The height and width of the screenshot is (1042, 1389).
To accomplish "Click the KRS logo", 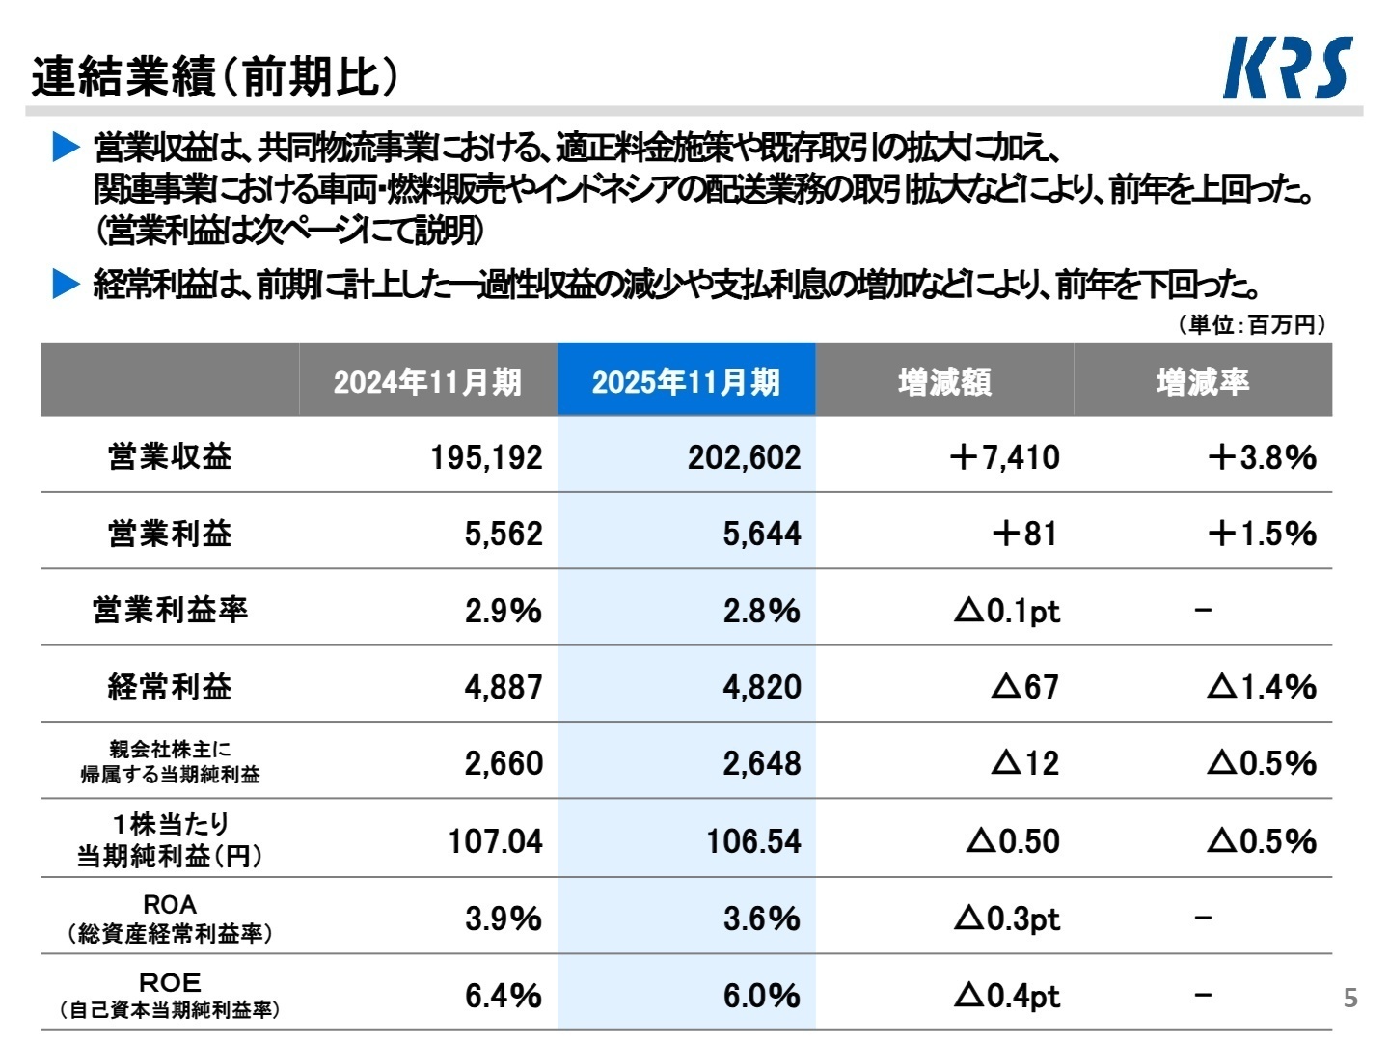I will coord(1288,68).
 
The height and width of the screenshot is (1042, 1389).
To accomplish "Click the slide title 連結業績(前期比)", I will coord(214,77).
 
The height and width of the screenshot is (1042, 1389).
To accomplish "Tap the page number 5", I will coord(1350,998).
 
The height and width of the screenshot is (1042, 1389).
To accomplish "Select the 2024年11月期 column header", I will coord(427,382).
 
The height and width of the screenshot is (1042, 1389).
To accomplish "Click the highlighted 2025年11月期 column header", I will coord(686,382).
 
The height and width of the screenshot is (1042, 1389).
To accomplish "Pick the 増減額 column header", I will coord(944,382).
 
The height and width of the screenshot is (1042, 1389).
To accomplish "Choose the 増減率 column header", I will coord(1203,382).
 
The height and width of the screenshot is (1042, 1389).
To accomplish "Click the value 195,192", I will coord(486,457).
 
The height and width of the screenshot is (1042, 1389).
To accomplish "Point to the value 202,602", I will coord(744,457).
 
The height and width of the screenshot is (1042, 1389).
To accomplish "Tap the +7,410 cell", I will coord(1004,457).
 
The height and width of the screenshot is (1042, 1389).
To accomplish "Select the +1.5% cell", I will coord(1262,534).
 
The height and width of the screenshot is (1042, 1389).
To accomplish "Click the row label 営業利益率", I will coord(171,610).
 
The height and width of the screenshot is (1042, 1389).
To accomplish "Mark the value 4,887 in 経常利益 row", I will coord(504,687).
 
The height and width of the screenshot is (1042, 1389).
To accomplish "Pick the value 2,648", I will coord(761,763).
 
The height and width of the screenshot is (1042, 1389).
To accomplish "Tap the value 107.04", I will coord(495,841).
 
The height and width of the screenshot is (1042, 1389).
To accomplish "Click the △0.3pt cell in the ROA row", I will coord(1007,919).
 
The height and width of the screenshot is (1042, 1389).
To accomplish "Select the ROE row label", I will coord(171,995).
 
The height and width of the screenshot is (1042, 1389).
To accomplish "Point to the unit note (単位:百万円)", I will coord(1251,325).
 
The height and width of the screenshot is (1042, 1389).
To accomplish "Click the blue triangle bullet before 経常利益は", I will coord(66,285).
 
